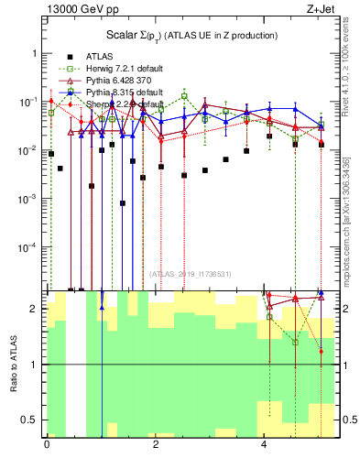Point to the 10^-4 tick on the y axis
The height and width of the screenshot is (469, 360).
(27, 247)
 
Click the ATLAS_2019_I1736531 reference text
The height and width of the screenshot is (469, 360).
(191, 274)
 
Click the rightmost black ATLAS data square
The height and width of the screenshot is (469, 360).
(321, 144)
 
